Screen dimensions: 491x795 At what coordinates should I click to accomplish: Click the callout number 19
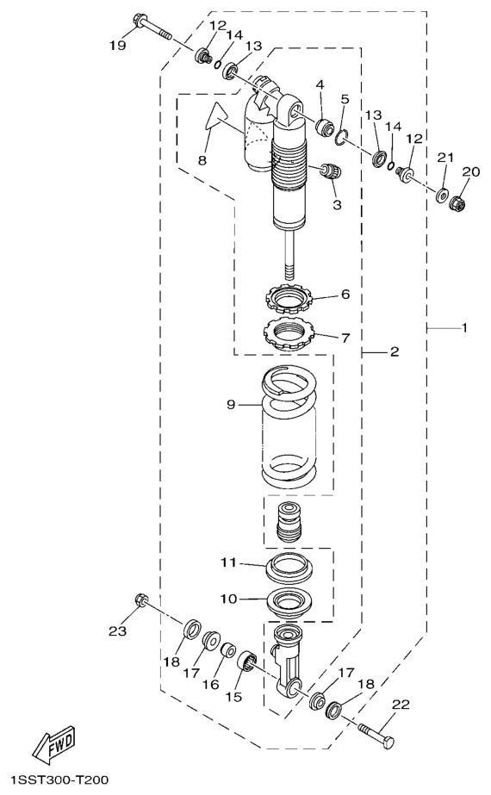click(117, 46)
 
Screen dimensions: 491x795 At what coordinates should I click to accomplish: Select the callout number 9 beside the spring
click(232, 405)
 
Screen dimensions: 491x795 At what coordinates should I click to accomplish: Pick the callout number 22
click(401, 705)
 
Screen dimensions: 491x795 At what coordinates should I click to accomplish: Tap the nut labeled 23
click(141, 599)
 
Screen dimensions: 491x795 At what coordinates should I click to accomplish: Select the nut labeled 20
click(458, 202)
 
